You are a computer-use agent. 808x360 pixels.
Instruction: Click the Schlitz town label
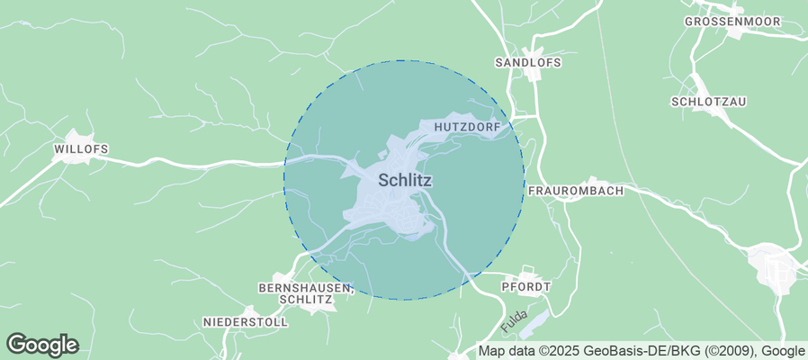pyautogui.click(x=405, y=180)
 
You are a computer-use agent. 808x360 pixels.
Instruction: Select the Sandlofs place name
pyautogui.click(x=528, y=62)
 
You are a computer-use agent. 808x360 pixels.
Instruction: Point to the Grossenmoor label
pyautogui.click(x=730, y=21)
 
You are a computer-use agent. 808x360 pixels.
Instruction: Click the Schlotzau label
pyautogui.click(x=709, y=102)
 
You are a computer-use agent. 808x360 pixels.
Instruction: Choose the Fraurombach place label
pyautogui.click(x=575, y=192)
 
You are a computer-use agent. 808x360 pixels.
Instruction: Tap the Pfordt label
pyautogui.click(x=526, y=285)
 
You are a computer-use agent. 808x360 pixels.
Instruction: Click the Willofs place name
pyautogui.click(x=81, y=148)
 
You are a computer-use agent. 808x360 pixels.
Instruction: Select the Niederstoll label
pyautogui.click(x=246, y=321)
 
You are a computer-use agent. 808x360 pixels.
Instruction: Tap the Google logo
pyautogui.click(x=42, y=344)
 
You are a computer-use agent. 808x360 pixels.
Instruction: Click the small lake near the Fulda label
pyautogui.click(x=536, y=321)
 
